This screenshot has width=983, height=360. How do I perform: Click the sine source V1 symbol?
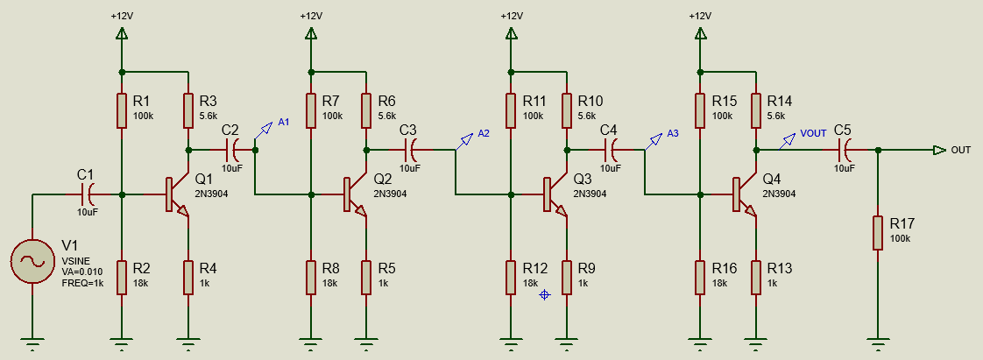click(32, 262)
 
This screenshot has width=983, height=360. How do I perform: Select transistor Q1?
click(175, 195)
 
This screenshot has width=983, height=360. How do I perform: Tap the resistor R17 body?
click(877, 233)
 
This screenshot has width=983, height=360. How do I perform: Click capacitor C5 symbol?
click(843, 150)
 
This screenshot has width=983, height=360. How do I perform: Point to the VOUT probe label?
click(813, 133)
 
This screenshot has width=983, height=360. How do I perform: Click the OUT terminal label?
click(961, 150)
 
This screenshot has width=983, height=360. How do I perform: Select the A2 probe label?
click(484, 133)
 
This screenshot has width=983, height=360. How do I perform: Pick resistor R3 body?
click(188, 111)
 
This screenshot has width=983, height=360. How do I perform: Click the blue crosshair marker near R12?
click(544, 295)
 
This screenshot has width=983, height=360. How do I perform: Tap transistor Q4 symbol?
click(743, 195)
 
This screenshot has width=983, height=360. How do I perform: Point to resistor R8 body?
click(311, 276)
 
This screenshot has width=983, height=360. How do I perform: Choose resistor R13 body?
click(755, 276)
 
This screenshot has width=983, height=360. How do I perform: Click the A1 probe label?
click(283, 122)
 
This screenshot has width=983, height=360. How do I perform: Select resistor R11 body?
click(511, 111)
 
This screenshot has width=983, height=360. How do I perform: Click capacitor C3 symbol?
click(408, 150)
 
